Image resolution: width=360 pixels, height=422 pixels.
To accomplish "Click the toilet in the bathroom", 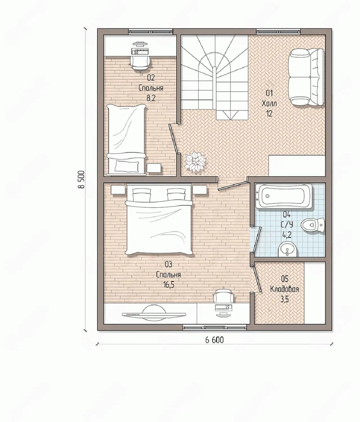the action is pyautogui.click(x=313, y=225).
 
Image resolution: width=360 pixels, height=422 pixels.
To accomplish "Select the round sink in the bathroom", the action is pyautogui.click(x=288, y=249).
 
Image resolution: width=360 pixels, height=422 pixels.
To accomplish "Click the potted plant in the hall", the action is pyautogui.click(x=195, y=162).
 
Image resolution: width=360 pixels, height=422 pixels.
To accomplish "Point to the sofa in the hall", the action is pyautogui.click(x=306, y=77).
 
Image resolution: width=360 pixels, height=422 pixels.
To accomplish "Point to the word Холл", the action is pyautogui.click(x=269, y=104).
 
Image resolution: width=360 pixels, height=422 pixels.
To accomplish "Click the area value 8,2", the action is pyautogui.click(x=151, y=98).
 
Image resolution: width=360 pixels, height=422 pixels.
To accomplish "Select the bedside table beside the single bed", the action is pyautogui.click(x=154, y=169).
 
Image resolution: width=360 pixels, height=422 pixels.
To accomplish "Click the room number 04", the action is pyautogui.click(x=287, y=214).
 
